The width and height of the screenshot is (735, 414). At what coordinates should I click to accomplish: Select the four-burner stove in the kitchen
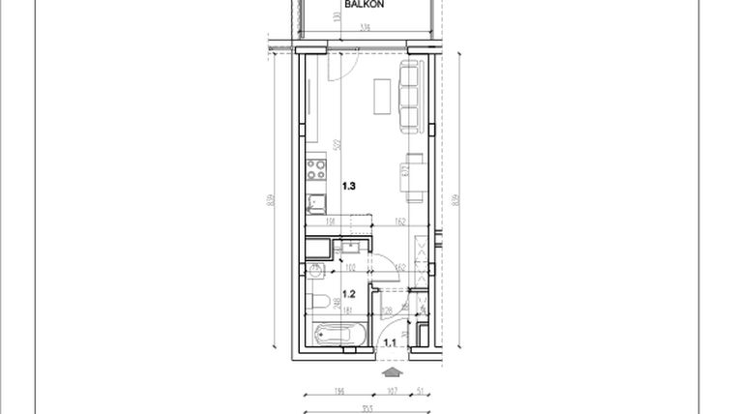[x=315, y=171]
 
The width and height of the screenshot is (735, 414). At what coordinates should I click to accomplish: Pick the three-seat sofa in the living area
[x=410, y=97]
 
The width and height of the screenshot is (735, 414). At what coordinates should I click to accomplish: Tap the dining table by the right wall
[x=414, y=177]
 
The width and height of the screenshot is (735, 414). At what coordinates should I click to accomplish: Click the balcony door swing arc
[x=344, y=68]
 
